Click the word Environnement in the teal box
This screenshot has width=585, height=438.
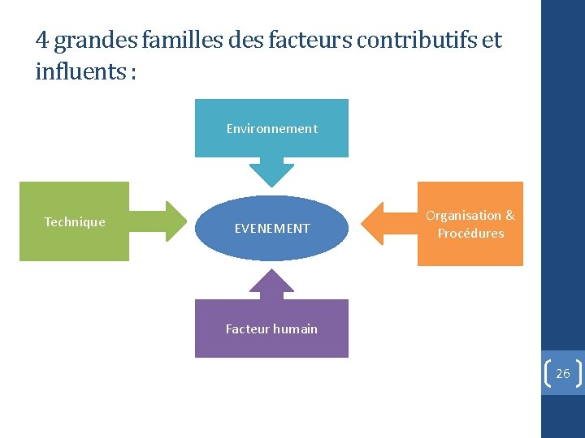coord(271,129)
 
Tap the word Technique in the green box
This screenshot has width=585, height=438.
coord(75,222)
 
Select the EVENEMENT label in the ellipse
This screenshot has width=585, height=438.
coord(272,229)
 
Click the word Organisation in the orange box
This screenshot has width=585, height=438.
coord(464,216)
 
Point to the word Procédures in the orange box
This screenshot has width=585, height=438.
coord(470,234)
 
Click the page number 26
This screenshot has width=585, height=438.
coord(562,374)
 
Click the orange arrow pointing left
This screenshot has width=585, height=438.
coord(386,222)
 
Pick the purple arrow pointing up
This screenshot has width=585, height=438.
coord(271,285)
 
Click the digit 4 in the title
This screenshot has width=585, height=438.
coord(41,40)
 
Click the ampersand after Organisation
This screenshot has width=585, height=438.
coord(509,216)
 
